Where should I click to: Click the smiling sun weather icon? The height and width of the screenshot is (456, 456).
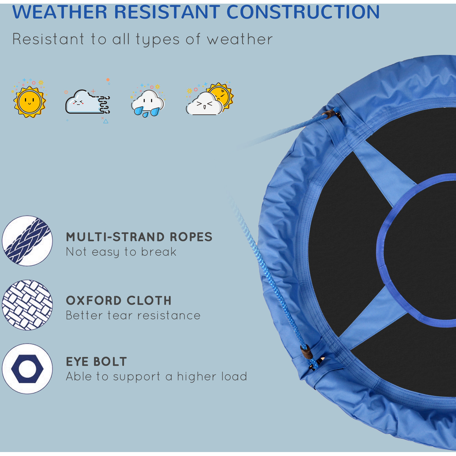pyautogui.click(x=29, y=102)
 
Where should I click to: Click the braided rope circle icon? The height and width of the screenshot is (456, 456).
pyautogui.click(x=27, y=241)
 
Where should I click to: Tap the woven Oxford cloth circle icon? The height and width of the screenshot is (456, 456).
pyautogui.click(x=27, y=305)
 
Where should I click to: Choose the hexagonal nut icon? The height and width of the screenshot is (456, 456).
pyautogui.click(x=27, y=369)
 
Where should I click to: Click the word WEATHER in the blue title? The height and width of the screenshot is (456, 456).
pyautogui.click(x=60, y=12)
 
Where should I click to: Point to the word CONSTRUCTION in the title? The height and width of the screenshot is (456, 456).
pyautogui.click(x=303, y=12)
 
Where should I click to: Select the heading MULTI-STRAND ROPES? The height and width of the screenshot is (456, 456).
pyautogui.click(x=139, y=237)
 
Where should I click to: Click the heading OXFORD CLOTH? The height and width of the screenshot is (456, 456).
pyautogui.click(x=119, y=301)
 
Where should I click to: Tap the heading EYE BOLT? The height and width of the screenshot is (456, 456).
pyautogui.click(x=96, y=362)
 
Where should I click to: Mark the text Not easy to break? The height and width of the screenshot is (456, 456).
pyautogui.click(x=121, y=252)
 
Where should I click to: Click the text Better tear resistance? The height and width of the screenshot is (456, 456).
pyautogui.click(x=133, y=316)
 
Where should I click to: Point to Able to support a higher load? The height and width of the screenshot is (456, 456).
pyautogui.click(x=156, y=377)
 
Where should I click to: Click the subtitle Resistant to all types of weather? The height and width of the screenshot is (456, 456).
pyautogui.click(x=142, y=40)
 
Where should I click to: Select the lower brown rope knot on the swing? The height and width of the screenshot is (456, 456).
pyautogui.click(x=307, y=353)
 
